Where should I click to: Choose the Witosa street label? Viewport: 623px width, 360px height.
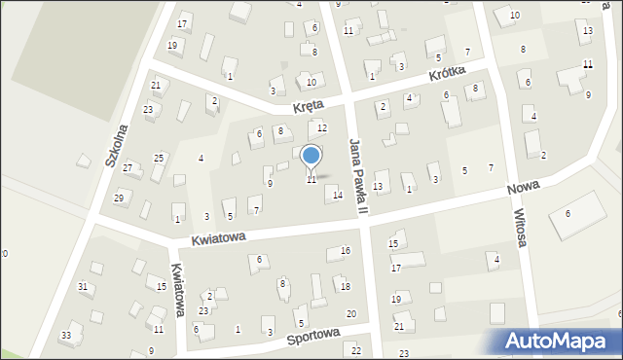pyautogui.click(x=519, y=229)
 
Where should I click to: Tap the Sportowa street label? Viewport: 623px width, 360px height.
pyautogui.click(x=313, y=336)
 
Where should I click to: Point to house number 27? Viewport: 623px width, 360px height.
pyautogui.click(x=128, y=168)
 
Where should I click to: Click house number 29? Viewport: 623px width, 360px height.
pyautogui.click(x=119, y=198)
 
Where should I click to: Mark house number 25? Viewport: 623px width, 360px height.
pyautogui.click(x=159, y=158)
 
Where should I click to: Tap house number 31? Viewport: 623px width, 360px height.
pyautogui.click(x=83, y=286)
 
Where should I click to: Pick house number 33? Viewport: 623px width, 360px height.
pyautogui.click(x=65, y=336)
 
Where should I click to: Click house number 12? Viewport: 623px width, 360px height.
pyautogui.click(x=322, y=128)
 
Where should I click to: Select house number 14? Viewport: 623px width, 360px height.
pyautogui.click(x=338, y=195)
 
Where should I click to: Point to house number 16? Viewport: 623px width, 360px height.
pyautogui.click(x=346, y=251)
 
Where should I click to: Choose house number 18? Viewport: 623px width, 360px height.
pyautogui.click(x=346, y=286)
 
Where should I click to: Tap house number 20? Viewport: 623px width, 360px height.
pyautogui.click(x=350, y=313)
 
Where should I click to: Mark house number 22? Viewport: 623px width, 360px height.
pyautogui.click(x=356, y=350)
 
